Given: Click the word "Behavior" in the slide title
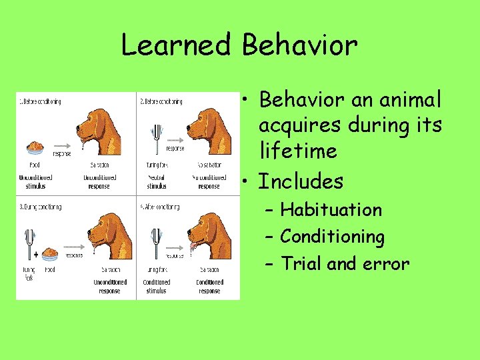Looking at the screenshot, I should tap(300, 45).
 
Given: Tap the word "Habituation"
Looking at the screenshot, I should tap(331, 210).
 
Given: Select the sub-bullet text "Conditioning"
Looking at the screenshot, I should tap(332, 237).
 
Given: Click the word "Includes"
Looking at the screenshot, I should tap(300, 181).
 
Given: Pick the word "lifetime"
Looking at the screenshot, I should tap(298, 151).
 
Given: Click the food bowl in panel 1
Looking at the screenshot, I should tap(35, 145).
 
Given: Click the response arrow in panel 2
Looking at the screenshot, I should tap(175, 141).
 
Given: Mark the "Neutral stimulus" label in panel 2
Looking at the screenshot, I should tap(156, 181).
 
